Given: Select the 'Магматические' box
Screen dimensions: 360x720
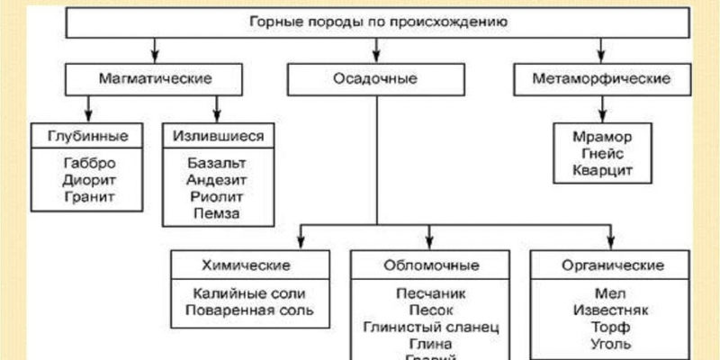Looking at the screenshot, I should click(154, 79).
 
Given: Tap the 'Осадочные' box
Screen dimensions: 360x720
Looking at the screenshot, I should click(377, 79).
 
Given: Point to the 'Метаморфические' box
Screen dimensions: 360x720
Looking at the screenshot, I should click(602, 79).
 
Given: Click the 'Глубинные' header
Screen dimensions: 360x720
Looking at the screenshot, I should click(86, 136).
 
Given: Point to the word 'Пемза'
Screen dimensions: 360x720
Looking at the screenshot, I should click(217, 212).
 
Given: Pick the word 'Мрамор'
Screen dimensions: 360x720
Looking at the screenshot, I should click(601, 137).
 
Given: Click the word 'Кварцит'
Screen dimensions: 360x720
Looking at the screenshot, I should click(601, 169).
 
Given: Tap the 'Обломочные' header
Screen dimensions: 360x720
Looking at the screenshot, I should click(431, 265).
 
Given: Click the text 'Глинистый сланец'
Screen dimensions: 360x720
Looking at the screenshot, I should click(431, 327).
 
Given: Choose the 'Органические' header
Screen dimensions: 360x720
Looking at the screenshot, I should click(612, 265).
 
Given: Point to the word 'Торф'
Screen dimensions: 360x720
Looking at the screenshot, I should click(612, 327).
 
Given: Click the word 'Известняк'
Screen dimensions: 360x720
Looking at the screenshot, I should click(612, 310).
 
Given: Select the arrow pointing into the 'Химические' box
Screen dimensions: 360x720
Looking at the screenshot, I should click(300, 238).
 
